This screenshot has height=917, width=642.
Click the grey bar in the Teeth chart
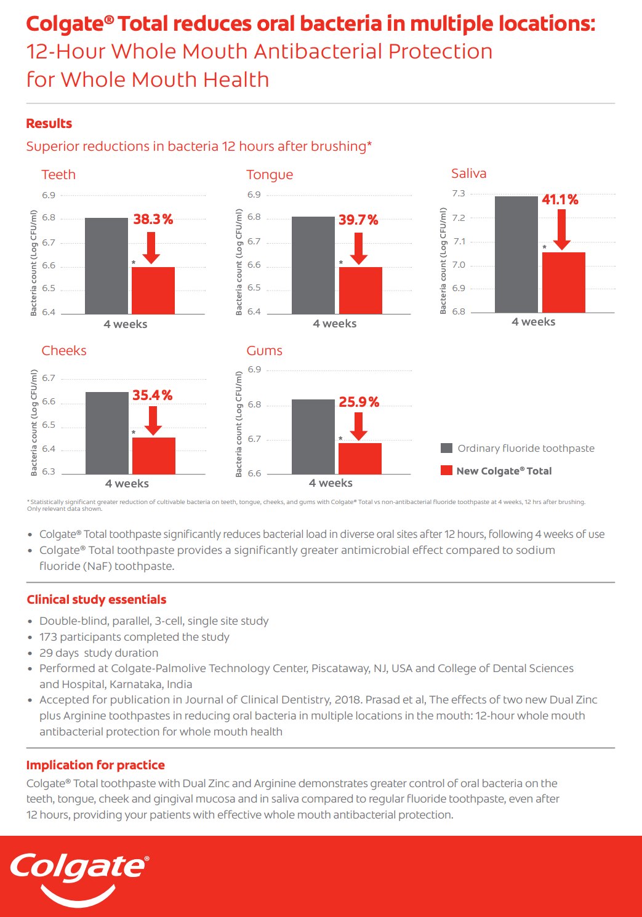click(106, 266)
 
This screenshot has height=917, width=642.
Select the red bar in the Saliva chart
click(563, 282)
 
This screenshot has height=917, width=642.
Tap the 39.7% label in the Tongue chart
click(358, 220)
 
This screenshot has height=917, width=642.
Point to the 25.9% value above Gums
click(359, 402)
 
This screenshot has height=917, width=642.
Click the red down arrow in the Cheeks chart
click(153, 420)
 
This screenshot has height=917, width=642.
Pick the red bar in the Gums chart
click(360, 458)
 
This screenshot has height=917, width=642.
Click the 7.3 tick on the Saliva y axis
click(459, 194)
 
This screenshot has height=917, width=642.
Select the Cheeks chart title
click(64, 351)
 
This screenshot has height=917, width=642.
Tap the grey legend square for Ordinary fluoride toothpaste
click(447, 448)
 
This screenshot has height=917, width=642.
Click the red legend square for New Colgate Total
click(447, 471)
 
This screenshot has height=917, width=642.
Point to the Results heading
click(49, 124)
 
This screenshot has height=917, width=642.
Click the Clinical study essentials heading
click(97, 599)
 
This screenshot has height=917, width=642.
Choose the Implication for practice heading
click(95, 765)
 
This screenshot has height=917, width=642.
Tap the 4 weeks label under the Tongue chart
click(334, 324)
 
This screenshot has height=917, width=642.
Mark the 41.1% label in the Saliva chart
click(560, 200)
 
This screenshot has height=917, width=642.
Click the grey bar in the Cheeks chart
click(107, 433)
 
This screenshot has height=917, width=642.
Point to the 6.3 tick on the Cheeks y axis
click(49, 472)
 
